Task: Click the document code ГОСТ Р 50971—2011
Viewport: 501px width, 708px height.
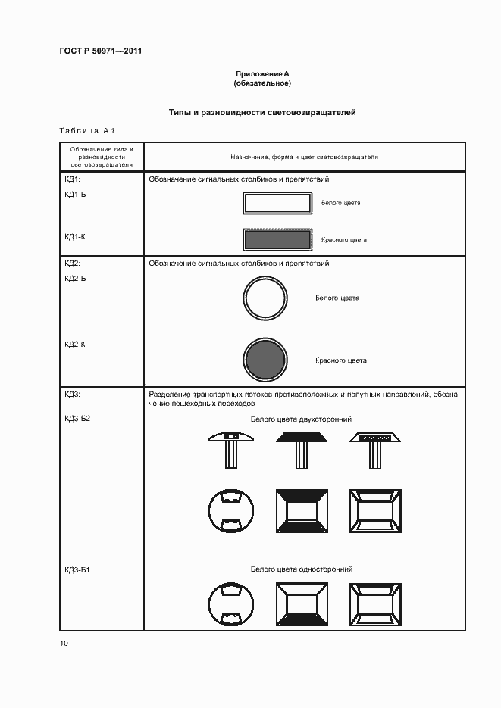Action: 100,51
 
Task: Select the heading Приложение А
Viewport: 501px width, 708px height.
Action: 262,73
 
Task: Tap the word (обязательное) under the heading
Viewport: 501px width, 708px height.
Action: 262,83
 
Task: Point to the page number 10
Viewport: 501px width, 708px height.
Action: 64,643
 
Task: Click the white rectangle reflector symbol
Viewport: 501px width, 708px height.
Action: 277,203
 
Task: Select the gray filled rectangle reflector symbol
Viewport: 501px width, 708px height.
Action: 277,239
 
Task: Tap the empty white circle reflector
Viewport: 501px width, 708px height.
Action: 266,298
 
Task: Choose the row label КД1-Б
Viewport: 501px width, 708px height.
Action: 75,195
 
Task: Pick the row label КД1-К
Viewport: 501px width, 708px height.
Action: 75,237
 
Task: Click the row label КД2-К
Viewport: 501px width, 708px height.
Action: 75,345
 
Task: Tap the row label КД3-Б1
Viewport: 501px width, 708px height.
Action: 77,569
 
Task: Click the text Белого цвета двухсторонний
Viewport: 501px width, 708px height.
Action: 301,419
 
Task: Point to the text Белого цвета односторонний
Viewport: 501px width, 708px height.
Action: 302,569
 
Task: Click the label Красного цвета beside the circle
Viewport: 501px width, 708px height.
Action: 341,360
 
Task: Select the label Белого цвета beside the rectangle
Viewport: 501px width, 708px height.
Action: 341,203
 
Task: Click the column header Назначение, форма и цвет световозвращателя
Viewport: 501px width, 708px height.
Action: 304,157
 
